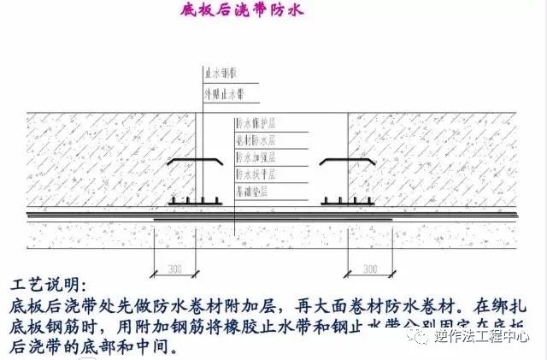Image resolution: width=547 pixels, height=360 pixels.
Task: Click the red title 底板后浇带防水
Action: tap(243, 11)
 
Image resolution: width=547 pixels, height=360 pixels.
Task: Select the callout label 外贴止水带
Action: tap(221, 93)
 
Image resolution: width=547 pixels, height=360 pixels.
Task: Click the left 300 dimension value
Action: tap(174, 269)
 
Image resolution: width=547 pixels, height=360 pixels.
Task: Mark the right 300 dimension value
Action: tap(369, 269)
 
